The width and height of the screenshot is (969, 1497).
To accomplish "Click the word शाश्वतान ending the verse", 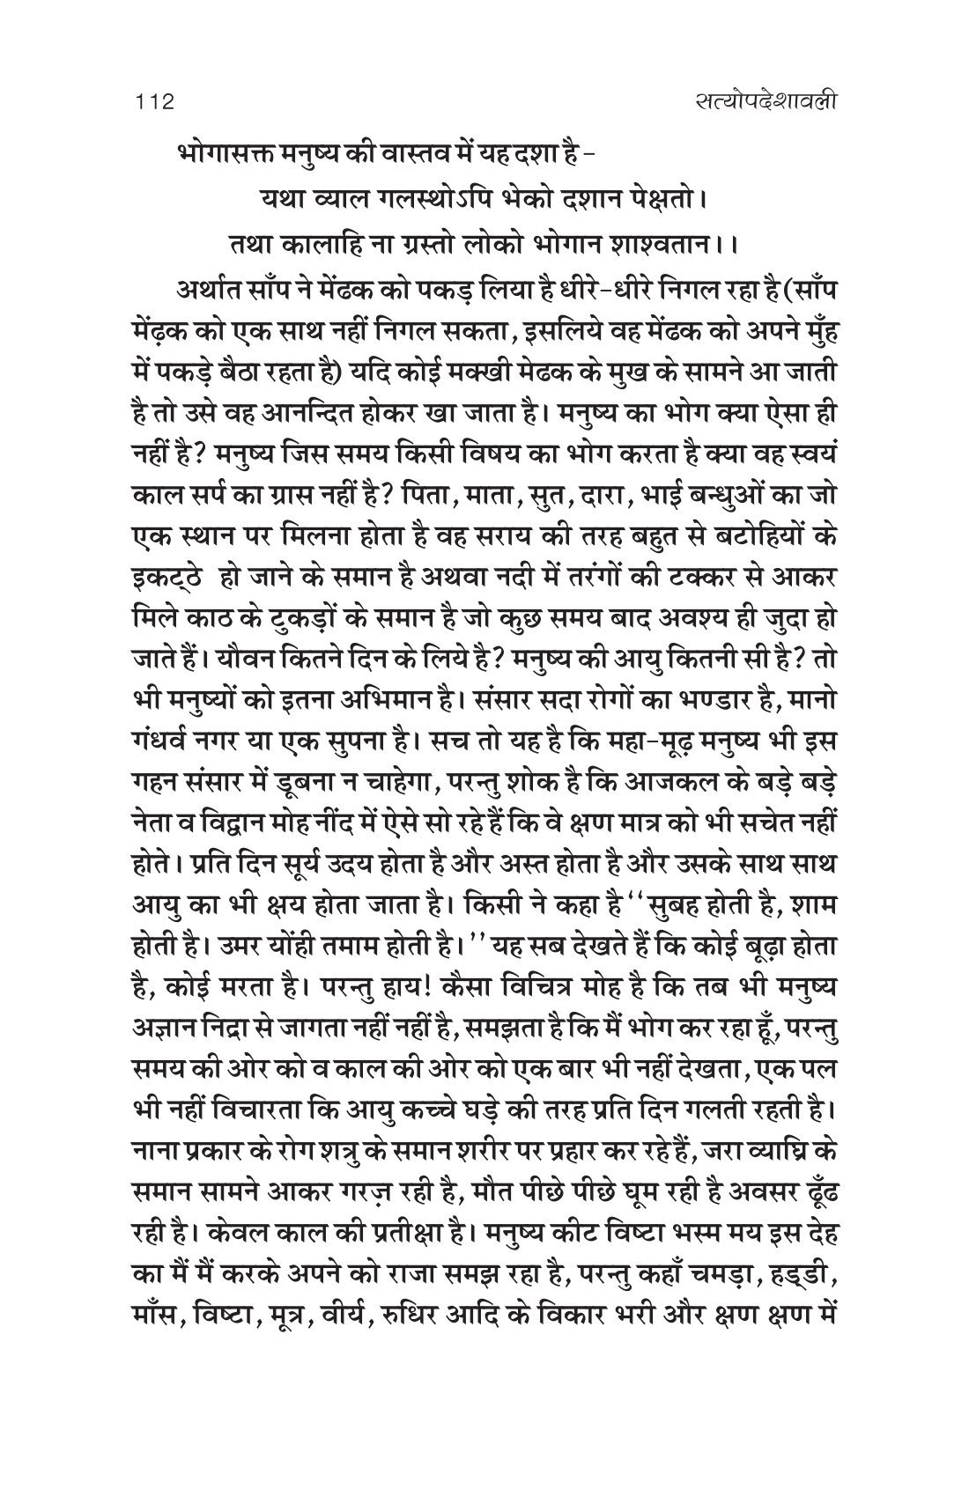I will click(658, 246).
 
